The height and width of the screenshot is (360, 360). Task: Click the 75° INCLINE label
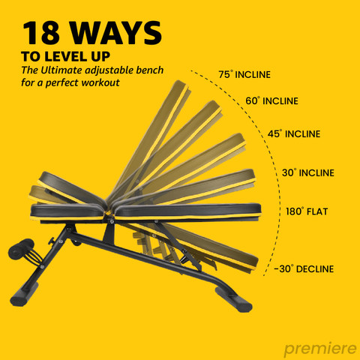pos(244,74)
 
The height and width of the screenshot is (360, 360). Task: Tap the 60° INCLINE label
pos(271,101)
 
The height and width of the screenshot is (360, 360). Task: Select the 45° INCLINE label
pos(294,133)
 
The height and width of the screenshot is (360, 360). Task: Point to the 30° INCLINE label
pos(308,172)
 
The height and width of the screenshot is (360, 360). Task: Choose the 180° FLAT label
pos(307,211)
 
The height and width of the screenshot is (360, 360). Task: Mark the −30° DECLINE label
pos(304,268)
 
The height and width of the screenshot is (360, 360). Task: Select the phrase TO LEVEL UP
pos(66,56)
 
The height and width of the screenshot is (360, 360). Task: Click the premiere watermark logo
pos(320,349)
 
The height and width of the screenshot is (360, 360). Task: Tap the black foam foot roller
pos(21,249)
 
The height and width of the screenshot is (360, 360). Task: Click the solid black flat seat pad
pos(67,212)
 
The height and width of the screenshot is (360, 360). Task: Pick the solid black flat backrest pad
pos(187,211)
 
